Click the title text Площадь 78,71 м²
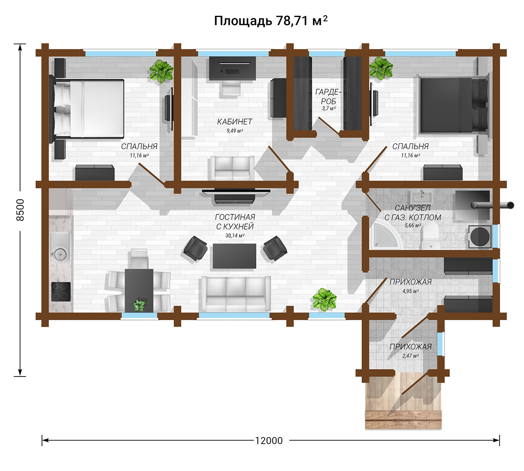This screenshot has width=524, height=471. tap(271, 21)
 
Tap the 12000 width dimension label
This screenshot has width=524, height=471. tap(269, 440)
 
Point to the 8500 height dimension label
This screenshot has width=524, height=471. tap(20, 210)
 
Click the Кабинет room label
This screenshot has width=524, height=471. tap(234, 122)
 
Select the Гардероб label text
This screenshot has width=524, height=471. tap(328, 96)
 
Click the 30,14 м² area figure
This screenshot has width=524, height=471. tap(235, 235)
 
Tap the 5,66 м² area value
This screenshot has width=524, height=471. tap(413, 225)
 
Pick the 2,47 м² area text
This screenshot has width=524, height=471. tap(410, 356)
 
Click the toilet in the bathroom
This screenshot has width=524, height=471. tap(431, 235)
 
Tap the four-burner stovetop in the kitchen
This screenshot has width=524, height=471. tap(61, 292)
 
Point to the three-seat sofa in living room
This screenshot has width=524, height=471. tap(236, 293)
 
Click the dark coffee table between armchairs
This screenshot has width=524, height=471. tap(234, 256)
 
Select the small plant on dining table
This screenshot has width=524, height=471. tap(139, 305)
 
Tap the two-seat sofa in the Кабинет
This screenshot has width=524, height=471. tap(232, 168)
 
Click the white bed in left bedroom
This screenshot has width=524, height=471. tap(86, 108)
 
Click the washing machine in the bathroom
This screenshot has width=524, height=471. tap(480, 237)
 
